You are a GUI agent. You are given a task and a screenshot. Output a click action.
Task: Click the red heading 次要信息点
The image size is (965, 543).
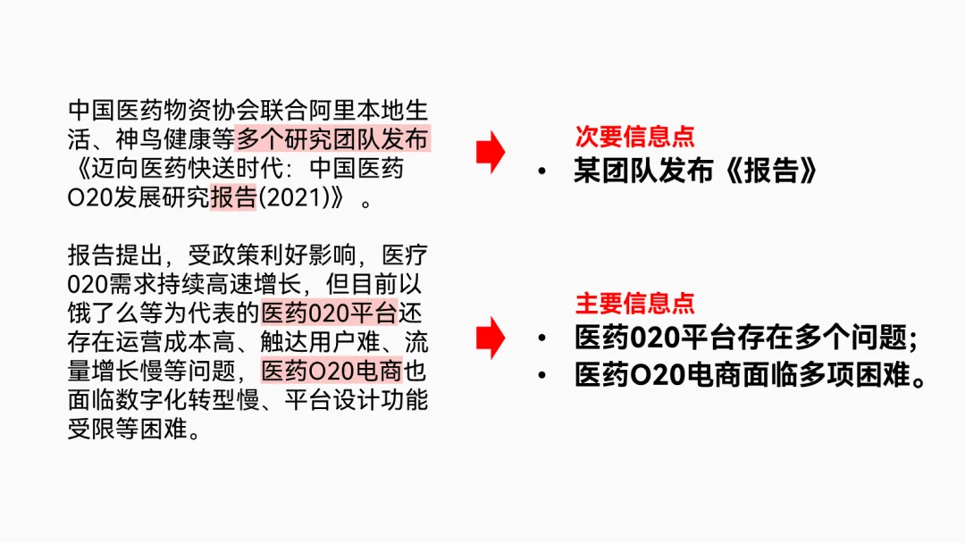634,137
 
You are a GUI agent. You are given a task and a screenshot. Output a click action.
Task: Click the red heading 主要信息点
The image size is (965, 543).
634,303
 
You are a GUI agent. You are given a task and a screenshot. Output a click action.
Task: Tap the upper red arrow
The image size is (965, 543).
490,153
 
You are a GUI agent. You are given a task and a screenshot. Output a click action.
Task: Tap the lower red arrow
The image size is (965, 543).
490,337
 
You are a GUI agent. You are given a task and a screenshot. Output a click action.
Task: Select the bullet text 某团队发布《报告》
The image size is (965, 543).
695,171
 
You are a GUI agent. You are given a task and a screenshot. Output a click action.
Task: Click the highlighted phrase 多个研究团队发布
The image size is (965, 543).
332,139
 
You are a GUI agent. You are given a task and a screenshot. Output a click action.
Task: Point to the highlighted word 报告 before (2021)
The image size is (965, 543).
233,196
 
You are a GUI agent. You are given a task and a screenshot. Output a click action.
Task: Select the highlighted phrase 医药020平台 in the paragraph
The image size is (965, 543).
329,313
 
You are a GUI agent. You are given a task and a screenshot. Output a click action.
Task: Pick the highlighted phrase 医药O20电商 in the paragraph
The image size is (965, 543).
331,370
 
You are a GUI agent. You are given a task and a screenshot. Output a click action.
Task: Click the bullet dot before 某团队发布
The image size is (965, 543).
542,172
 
